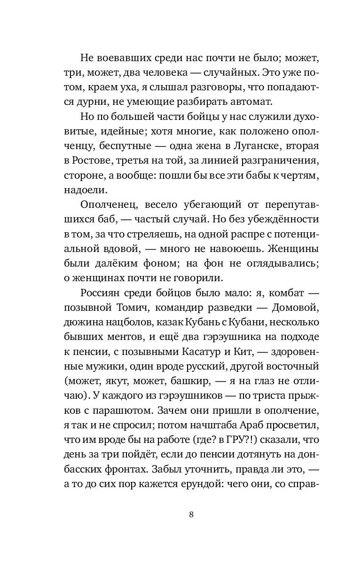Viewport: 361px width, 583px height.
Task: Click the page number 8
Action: (x=191, y=514)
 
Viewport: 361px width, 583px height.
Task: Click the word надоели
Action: (x=88, y=190)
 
